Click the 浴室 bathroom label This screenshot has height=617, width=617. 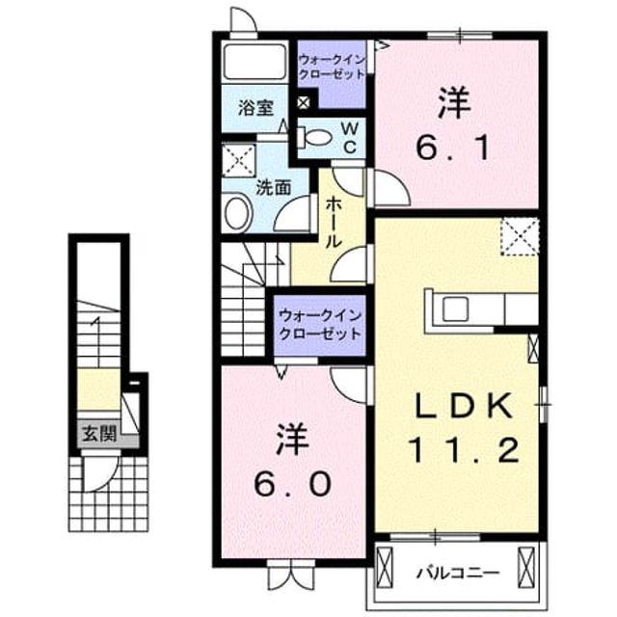tap(256, 108)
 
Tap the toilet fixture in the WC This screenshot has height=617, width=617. tap(315, 137)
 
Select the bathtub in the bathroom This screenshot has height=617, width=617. tap(255, 62)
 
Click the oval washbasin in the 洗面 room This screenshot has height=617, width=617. tap(238, 212)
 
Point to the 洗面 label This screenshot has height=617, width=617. tap(274, 187)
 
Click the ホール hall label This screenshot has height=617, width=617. tap(334, 223)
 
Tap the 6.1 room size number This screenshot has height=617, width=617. tap(453, 148)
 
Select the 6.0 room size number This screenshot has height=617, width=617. tap(292, 484)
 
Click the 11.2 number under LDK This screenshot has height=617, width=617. tap(465, 450)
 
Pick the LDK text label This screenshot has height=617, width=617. tap(465, 405)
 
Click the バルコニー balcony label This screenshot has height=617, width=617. tap(459, 573)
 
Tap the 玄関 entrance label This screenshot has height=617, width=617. tap(99, 435)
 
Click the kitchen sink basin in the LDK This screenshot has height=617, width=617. tap(455, 308)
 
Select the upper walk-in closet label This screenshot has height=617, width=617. tap(332, 67)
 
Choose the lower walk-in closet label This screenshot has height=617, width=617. tap(319, 325)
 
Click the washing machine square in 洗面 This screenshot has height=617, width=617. tap(239, 160)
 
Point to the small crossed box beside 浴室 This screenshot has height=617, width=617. tap(303, 103)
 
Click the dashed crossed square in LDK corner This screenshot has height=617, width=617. tap(520, 237)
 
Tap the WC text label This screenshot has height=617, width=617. tap(350, 137)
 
